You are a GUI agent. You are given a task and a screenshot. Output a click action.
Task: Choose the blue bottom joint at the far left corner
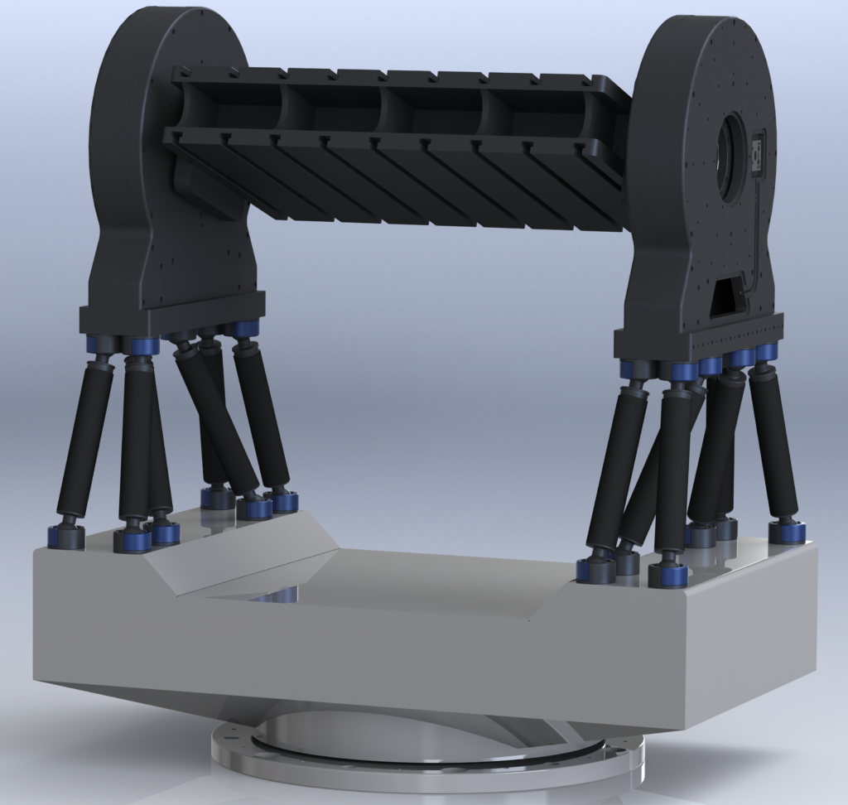pos(65,537)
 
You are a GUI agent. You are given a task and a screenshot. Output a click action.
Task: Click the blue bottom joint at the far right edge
pos(785,531)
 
